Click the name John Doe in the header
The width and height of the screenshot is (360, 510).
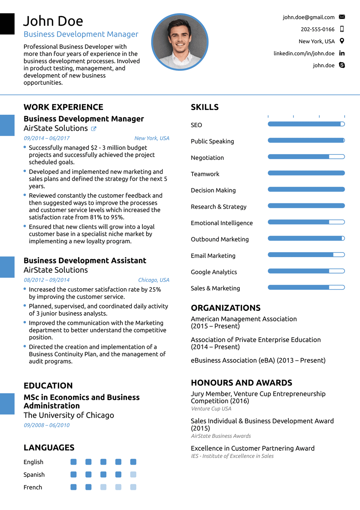(x=53, y=21)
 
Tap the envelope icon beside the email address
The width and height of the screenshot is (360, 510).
(x=342, y=17)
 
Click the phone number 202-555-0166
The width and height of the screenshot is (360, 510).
(x=317, y=29)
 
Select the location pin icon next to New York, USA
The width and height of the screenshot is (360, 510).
(x=342, y=41)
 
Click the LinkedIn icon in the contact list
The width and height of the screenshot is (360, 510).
(x=342, y=53)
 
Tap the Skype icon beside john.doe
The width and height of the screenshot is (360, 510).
(x=342, y=65)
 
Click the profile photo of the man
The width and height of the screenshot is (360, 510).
(x=180, y=42)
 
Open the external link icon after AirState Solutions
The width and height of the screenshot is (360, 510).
(x=94, y=129)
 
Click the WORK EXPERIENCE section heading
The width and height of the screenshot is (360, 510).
(x=63, y=107)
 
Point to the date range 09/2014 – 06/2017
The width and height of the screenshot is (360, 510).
(x=47, y=138)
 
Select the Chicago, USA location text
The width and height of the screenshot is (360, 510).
(x=154, y=280)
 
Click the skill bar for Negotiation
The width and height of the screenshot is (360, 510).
(x=306, y=157)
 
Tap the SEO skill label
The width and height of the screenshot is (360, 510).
(x=196, y=125)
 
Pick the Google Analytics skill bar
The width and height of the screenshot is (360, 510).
(x=306, y=271)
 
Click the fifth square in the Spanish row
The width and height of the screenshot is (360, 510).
(x=133, y=474)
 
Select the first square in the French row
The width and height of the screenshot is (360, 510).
(x=74, y=487)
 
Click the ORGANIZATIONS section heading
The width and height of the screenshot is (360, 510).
(x=226, y=308)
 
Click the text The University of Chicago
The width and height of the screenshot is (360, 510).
(x=69, y=415)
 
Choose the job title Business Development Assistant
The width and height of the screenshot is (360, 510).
(x=85, y=260)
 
